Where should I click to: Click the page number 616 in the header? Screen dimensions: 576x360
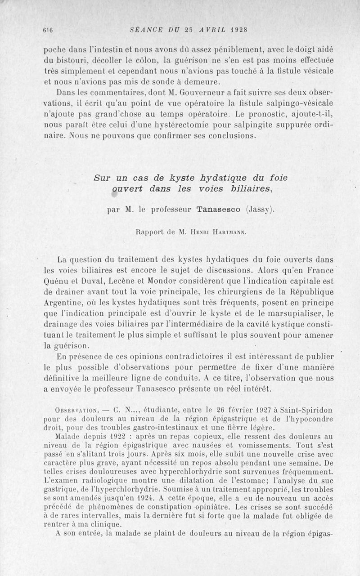click(x=46, y=31)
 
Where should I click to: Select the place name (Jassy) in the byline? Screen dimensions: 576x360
click(x=261, y=209)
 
